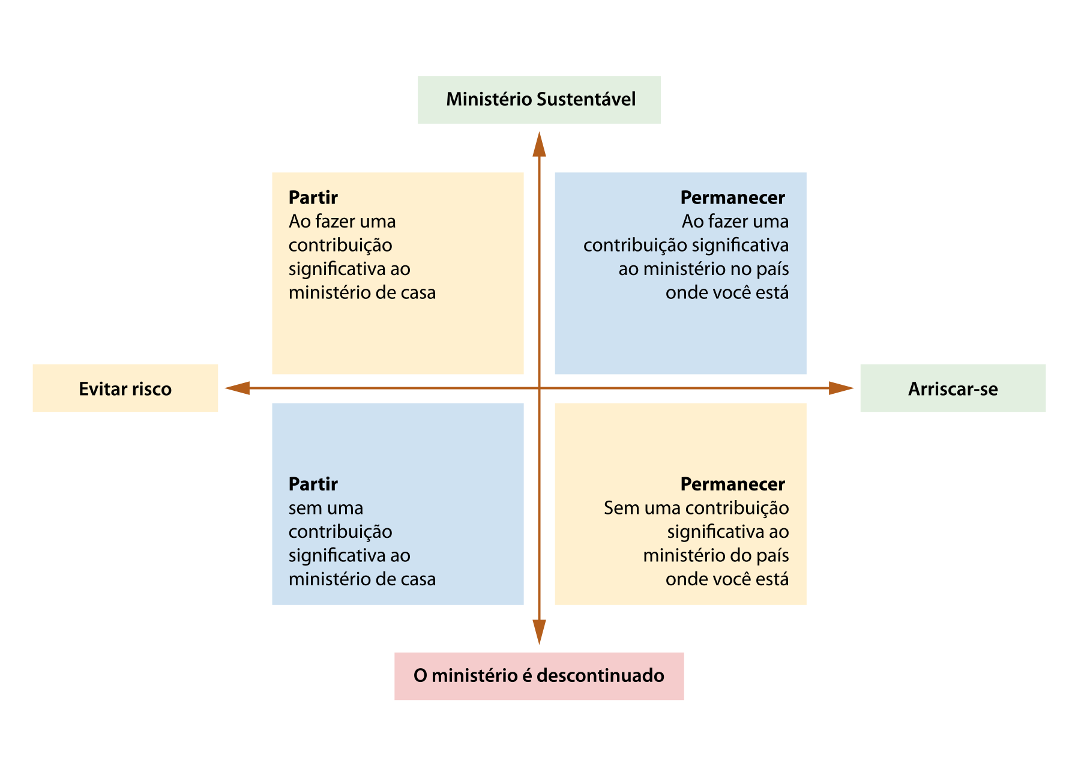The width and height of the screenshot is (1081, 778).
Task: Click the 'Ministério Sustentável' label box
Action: click(539, 100)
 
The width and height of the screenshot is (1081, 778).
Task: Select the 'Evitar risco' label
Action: click(125, 388)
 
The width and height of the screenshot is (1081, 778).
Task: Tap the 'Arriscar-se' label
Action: click(953, 388)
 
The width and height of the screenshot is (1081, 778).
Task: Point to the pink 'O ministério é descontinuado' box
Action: click(539, 676)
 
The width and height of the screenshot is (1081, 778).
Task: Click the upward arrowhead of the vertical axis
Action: click(539, 144)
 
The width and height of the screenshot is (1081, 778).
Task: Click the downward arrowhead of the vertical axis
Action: click(539, 632)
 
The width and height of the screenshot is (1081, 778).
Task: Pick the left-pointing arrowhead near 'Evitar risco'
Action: click(237, 388)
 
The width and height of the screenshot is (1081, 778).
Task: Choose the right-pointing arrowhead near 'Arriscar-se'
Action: click(842, 388)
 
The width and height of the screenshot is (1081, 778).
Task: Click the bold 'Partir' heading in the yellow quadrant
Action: click(313, 198)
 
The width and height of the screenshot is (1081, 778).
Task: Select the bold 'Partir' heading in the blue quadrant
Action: click(313, 484)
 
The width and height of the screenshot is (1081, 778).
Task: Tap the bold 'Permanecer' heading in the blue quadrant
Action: click(733, 198)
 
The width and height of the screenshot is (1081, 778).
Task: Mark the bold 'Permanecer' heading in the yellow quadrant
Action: click(733, 484)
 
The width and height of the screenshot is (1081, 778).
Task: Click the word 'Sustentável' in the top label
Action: click(586, 99)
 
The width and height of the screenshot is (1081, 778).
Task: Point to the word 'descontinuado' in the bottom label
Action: click(600, 675)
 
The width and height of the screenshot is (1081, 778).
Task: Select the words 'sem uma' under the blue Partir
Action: click(326, 508)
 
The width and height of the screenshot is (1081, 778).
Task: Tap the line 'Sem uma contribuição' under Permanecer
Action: click(696, 508)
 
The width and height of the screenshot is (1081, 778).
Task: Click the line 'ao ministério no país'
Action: click(703, 269)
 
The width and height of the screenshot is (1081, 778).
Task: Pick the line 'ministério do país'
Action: click(716, 555)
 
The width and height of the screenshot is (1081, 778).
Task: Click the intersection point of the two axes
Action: click(539, 388)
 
